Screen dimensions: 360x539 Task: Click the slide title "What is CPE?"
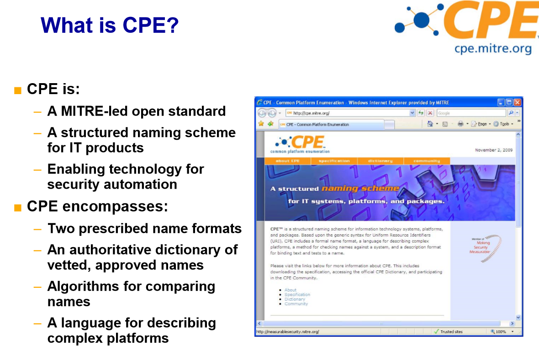pos(109,25)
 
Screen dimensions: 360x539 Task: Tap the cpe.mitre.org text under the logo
pos(493,49)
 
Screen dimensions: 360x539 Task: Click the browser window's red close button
pos(517,103)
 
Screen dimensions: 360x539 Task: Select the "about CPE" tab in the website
pos(288,161)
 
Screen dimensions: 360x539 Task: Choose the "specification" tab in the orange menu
pos(334,161)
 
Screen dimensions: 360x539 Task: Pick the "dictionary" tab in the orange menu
pos(380,161)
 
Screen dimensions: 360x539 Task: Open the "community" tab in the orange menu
pos(427,161)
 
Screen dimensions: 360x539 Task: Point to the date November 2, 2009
pos(493,150)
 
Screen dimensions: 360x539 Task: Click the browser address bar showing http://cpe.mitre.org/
pos(347,113)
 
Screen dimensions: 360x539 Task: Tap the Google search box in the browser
pos(470,113)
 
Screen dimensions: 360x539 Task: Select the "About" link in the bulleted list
pos(291,290)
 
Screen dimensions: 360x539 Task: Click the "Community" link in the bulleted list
pos(296,304)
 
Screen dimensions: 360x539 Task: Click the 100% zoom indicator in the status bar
pos(501,332)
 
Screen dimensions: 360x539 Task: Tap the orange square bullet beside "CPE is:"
pos(18,90)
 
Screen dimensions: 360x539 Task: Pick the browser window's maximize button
pos(509,103)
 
